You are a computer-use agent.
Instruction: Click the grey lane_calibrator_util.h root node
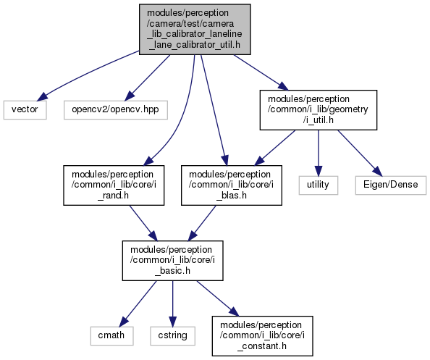coord(195,29)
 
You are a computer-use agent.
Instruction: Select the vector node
coord(25,110)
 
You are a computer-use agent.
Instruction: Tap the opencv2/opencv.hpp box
coord(115,110)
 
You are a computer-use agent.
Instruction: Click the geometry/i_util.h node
coord(318,110)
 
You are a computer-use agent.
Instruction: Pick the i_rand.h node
coord(114,185)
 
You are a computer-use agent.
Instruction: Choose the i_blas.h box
coord(231,185)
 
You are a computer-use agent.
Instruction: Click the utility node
coord(318,185)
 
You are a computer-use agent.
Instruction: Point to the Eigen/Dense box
coord(390,185)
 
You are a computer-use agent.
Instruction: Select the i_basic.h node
coord(172,260)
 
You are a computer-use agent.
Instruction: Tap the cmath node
coord(111,335)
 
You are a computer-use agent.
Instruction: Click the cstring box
coord(172,335)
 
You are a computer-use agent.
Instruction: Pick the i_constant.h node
coord(262,336)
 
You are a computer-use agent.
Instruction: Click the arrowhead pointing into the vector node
coord(42,97)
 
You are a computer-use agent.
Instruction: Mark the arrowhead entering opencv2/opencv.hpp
coord(129,96)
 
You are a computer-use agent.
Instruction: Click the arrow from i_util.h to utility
coord(318,153)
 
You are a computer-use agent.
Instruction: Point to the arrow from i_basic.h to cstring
coord(172,304)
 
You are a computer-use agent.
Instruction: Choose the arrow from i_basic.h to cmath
coord(138,304)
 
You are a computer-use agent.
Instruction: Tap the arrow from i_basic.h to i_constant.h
coord(217,298)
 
